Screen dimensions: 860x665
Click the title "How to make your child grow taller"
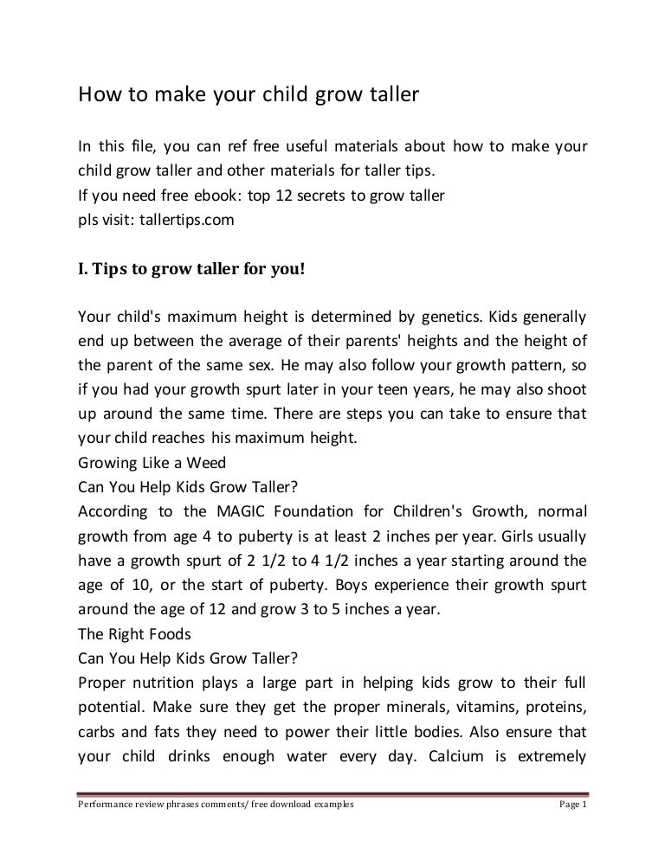(249, 94)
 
